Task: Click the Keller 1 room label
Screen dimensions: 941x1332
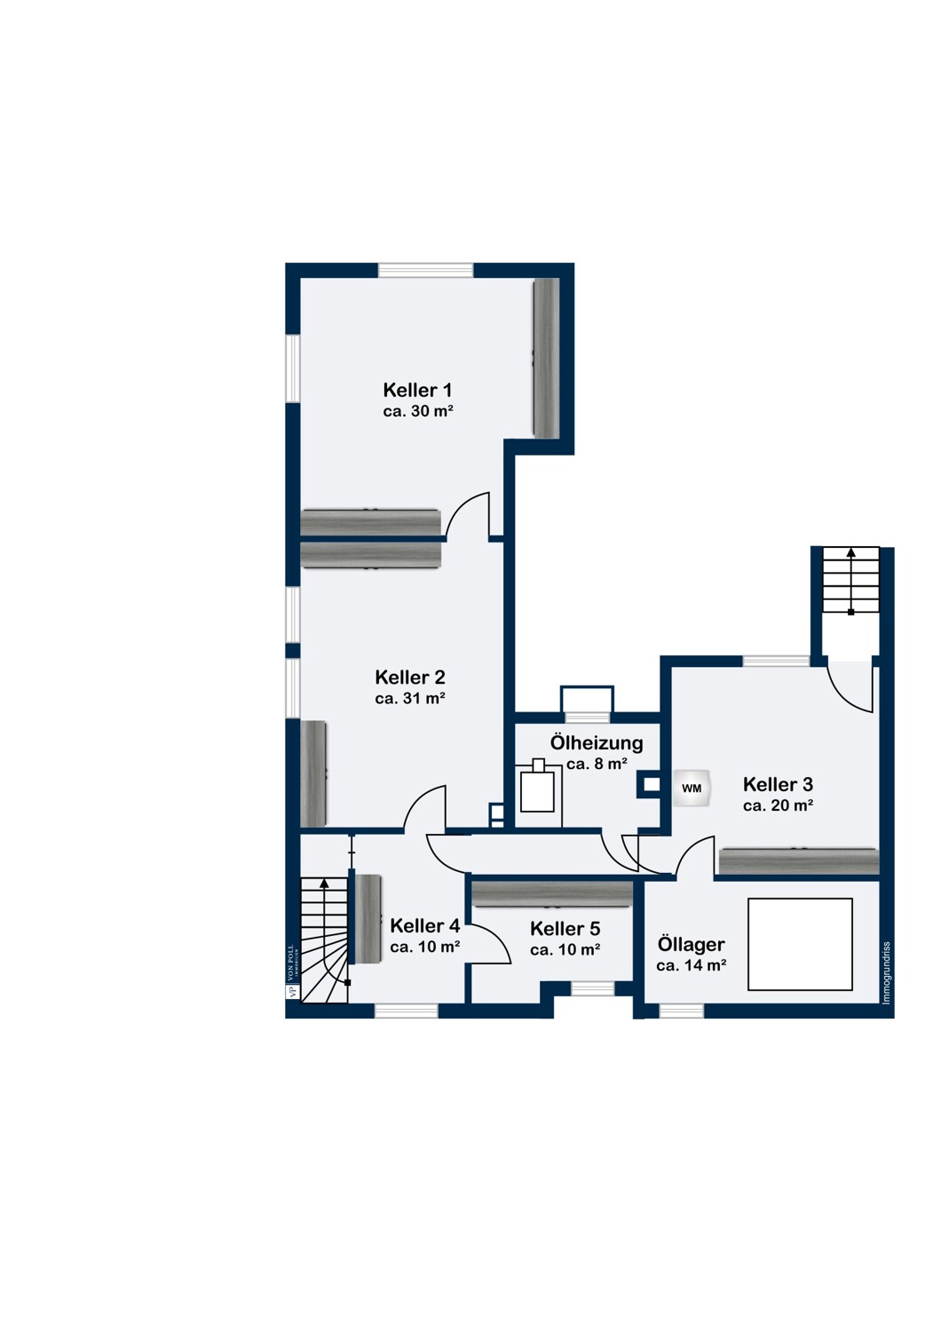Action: [x=417, y=390]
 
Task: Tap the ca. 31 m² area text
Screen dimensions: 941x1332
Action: [x=410, y=699]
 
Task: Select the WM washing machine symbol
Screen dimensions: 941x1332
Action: [x=692, y=789]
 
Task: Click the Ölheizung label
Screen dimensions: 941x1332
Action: [x=597, y=742]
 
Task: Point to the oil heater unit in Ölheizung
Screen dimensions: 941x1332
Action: [x=537, y=787]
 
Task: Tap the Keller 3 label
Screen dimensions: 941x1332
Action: [x=778, y=784]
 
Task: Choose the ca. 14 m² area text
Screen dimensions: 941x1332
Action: [x=691, y=966]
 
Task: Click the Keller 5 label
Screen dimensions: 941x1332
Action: [x=565, y=928]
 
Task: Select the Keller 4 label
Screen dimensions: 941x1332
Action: [x=425, y=926]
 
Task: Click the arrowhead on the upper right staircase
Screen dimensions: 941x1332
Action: [x=850, y=552]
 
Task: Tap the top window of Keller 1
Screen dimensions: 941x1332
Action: [x=425, y=270]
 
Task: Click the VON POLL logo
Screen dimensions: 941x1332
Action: [x=290, y=971]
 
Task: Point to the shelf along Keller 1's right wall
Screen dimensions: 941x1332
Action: [x=546, y=358]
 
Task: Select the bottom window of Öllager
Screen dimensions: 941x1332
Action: [x=681, y=1011]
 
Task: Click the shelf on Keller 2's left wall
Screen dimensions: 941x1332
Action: [x=313, y=773]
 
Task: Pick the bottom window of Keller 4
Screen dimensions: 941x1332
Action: [x=407, y=1011]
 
